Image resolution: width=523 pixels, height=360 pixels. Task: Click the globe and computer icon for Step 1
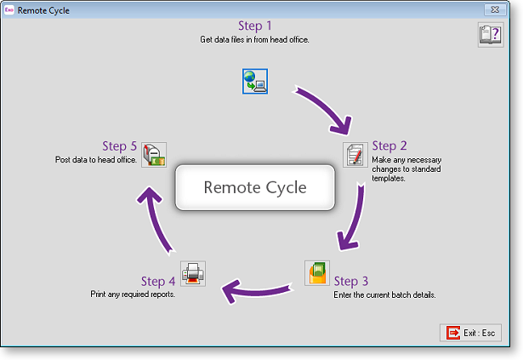254,81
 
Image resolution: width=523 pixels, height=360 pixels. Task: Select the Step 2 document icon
355,154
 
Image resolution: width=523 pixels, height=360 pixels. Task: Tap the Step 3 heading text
351,281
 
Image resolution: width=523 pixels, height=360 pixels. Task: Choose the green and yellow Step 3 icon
316,273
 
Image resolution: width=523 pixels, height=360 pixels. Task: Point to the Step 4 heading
158,281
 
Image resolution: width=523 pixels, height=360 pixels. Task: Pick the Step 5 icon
153,153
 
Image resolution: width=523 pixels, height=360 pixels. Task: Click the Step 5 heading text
119,146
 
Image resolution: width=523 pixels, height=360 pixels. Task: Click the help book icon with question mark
490,35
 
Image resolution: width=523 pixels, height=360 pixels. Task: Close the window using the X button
492,10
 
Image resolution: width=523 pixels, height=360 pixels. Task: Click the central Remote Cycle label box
254,187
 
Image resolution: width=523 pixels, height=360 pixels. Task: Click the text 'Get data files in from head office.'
254,40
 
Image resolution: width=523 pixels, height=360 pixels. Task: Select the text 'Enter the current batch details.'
384,294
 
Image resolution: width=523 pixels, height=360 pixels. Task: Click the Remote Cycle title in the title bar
50,11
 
